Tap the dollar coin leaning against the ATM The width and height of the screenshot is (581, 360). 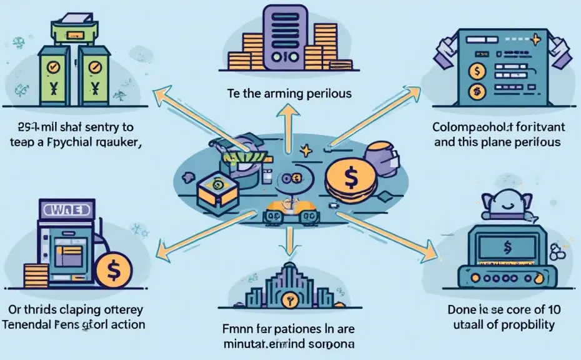tap(113, 271)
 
